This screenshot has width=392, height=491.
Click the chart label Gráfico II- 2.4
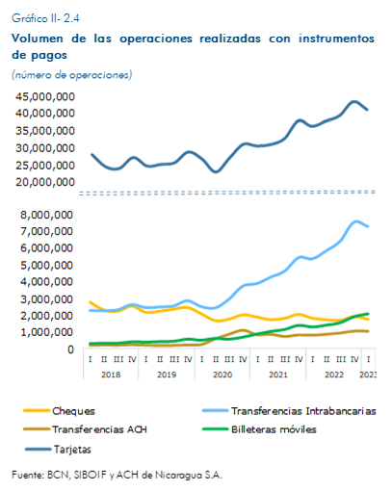coord(45,18)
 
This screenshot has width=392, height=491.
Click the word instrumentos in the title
coord(336,39)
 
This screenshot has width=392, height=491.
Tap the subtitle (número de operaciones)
coord(72,75)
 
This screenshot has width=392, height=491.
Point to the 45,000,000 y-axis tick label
coord(45,96)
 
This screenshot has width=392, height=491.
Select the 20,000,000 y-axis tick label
coord(45,182)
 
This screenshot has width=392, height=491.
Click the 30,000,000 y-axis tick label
coord(45,148)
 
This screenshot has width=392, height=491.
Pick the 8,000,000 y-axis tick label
coord(47,215)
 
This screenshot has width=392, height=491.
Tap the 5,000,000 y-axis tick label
coord(47,265)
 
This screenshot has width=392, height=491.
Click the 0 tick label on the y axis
coord(70,349)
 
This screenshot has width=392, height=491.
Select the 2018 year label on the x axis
coord(111,375)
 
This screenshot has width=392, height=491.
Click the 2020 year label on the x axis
coord(222,375)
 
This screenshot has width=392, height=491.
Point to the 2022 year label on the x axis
coord(334,375)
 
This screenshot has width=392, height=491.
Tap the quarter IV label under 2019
coord(188,359)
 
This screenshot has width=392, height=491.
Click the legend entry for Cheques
coord(60,411)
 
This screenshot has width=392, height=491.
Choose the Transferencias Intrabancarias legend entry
coord(289,411)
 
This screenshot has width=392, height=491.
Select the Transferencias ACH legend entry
coord(85,429)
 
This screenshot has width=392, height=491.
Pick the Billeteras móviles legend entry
coord(259,429)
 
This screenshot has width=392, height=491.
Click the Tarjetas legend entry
coord(58,449)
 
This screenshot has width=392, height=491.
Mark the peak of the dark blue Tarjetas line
coord(354,102)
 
